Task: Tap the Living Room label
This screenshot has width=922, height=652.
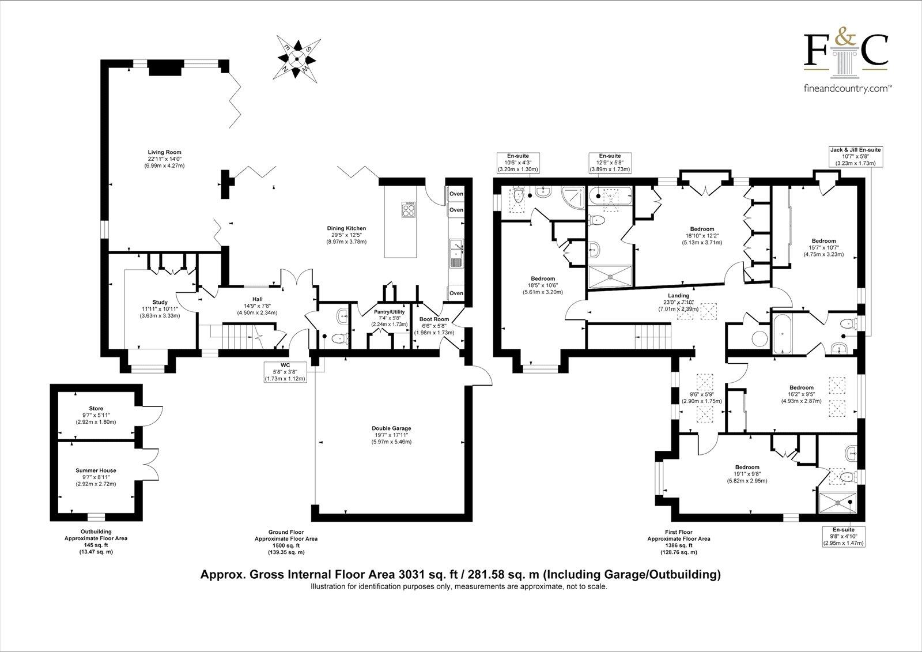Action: tap(164, 153)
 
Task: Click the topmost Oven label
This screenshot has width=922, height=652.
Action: tap(456, 194)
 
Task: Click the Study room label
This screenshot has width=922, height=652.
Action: tap(160, 302)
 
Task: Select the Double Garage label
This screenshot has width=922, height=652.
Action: tap(391, 428)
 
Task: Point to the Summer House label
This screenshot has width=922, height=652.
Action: tap(96, 470)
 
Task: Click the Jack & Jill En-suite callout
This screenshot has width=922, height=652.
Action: tap(855, 156)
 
